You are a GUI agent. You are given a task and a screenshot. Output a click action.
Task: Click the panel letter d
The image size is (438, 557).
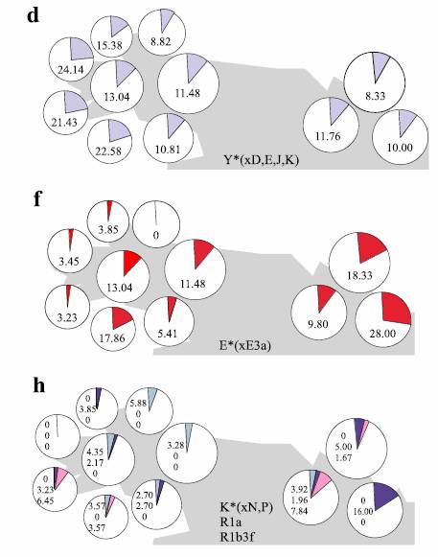[33, 16]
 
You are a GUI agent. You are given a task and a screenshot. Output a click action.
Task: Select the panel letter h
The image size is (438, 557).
[38, 384]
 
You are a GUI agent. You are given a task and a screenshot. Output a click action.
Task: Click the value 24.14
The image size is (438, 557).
[71, 69]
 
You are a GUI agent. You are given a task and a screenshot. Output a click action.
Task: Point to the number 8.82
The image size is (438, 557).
[161, 41]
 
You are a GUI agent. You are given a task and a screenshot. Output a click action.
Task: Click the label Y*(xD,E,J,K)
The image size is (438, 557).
[261, 160]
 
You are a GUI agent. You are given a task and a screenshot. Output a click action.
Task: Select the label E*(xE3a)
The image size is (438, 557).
[245, 345]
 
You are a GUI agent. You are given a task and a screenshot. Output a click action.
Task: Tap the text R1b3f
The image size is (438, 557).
[237, 537]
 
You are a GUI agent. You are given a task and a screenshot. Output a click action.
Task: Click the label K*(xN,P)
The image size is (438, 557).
[246, 507]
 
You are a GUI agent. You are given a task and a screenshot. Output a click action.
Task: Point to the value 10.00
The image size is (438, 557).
[400, 147]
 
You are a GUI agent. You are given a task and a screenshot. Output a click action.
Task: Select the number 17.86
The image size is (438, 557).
[112, 337]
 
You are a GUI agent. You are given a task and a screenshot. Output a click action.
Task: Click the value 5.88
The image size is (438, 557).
[138, 404]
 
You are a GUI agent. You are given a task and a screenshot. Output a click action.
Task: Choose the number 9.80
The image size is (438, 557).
[317, 324]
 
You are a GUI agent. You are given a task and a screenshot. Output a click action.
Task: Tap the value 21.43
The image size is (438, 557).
[64, 122]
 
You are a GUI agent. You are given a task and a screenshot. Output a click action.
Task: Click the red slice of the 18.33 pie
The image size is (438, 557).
[371, 246]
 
